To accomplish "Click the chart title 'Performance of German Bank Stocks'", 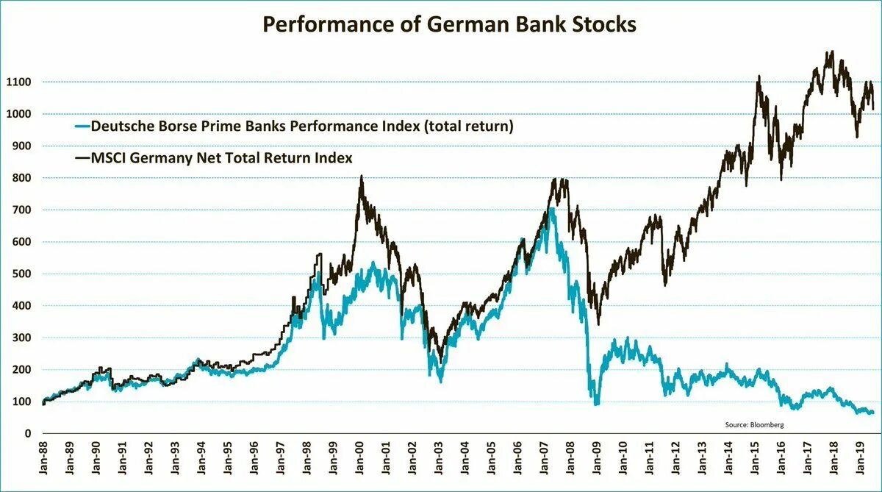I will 449,24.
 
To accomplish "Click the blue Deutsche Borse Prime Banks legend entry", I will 301,126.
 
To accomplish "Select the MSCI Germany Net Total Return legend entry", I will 220,157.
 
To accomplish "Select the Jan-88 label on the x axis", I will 45,459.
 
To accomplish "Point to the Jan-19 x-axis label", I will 860,459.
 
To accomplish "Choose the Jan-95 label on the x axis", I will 229,459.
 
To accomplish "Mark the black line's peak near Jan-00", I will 361,177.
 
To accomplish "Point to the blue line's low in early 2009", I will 597,403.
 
